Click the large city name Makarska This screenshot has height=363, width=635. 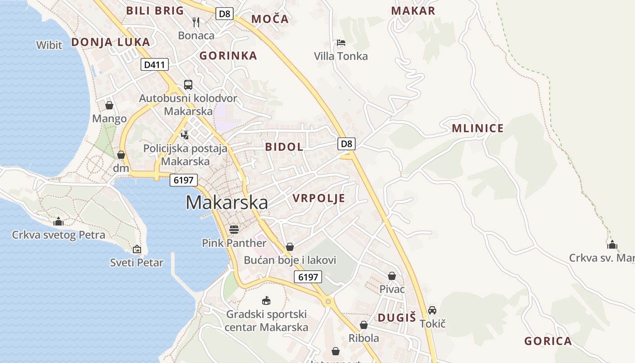[227, 202]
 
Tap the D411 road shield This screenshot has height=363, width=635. [154, 65]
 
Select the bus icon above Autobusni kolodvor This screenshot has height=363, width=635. [188, 85]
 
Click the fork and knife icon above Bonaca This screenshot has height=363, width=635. [196, 22]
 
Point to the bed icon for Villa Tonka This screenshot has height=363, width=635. [341, 43]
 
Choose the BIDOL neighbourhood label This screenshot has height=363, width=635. [284, 147]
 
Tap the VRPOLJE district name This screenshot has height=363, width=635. [319, 198]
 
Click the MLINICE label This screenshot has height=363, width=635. [478, 128]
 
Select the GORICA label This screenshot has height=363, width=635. [547, 341]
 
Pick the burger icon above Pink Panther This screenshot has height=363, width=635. [234, 230]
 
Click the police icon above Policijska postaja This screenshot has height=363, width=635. [185, 135]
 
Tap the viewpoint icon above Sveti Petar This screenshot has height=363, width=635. [137, 249]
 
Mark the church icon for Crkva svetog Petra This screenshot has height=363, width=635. [59, 222]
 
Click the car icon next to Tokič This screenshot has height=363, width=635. [432, 310]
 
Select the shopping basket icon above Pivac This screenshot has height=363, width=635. [392, 276]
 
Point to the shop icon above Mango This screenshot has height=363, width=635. [109, 106]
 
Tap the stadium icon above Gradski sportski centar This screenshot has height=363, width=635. [266, 300]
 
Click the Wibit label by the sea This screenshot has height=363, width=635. [49, 45]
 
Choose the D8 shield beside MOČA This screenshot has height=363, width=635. [224, 14]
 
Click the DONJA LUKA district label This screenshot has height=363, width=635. [110, 42]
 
